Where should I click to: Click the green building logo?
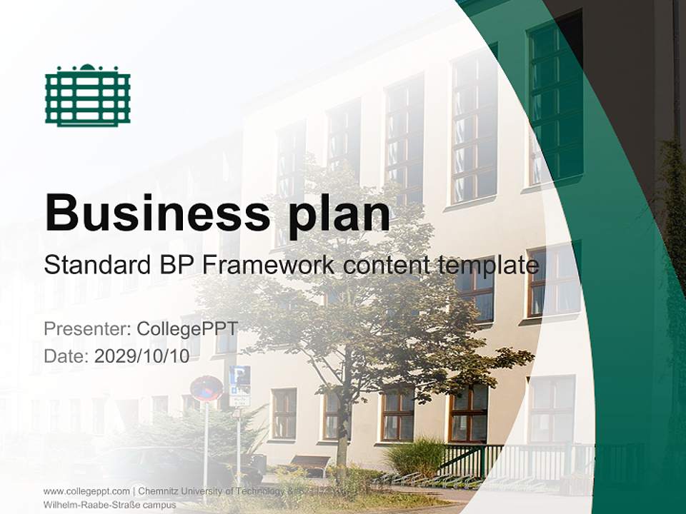click(87, 95)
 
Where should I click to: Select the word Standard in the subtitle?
click(93, 266)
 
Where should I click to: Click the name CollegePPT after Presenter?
click(187, 329)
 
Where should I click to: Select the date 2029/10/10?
click(142, 356)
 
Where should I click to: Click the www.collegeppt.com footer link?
click(86, 491)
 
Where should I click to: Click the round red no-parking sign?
click(207, 389)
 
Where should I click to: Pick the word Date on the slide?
click(66, 356)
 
